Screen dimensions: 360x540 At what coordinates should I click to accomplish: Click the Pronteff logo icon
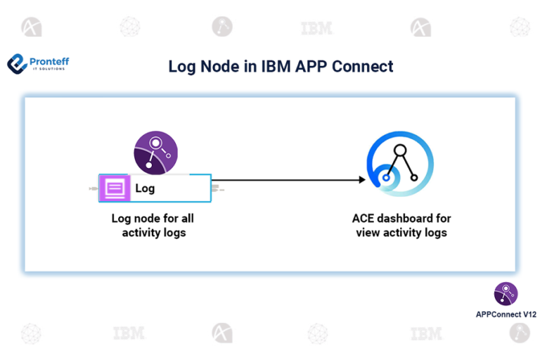pos(17,64)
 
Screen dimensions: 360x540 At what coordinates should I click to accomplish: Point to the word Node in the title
pos(217,67)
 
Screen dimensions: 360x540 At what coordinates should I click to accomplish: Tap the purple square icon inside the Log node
pos(114,188)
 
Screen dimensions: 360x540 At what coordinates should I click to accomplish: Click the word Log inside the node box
pos(145,188)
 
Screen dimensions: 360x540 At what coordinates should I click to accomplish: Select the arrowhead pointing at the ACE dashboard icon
pos(361,180)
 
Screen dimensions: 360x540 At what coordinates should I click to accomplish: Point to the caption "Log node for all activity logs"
pos(153,225)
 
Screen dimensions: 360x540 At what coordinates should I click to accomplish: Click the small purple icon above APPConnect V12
pos(506,293)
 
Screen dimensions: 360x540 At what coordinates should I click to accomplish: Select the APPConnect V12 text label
pos(506,314)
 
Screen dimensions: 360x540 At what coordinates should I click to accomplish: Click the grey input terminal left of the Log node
pos(94,189)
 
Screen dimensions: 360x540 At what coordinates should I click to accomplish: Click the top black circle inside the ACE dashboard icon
pos(400,150)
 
